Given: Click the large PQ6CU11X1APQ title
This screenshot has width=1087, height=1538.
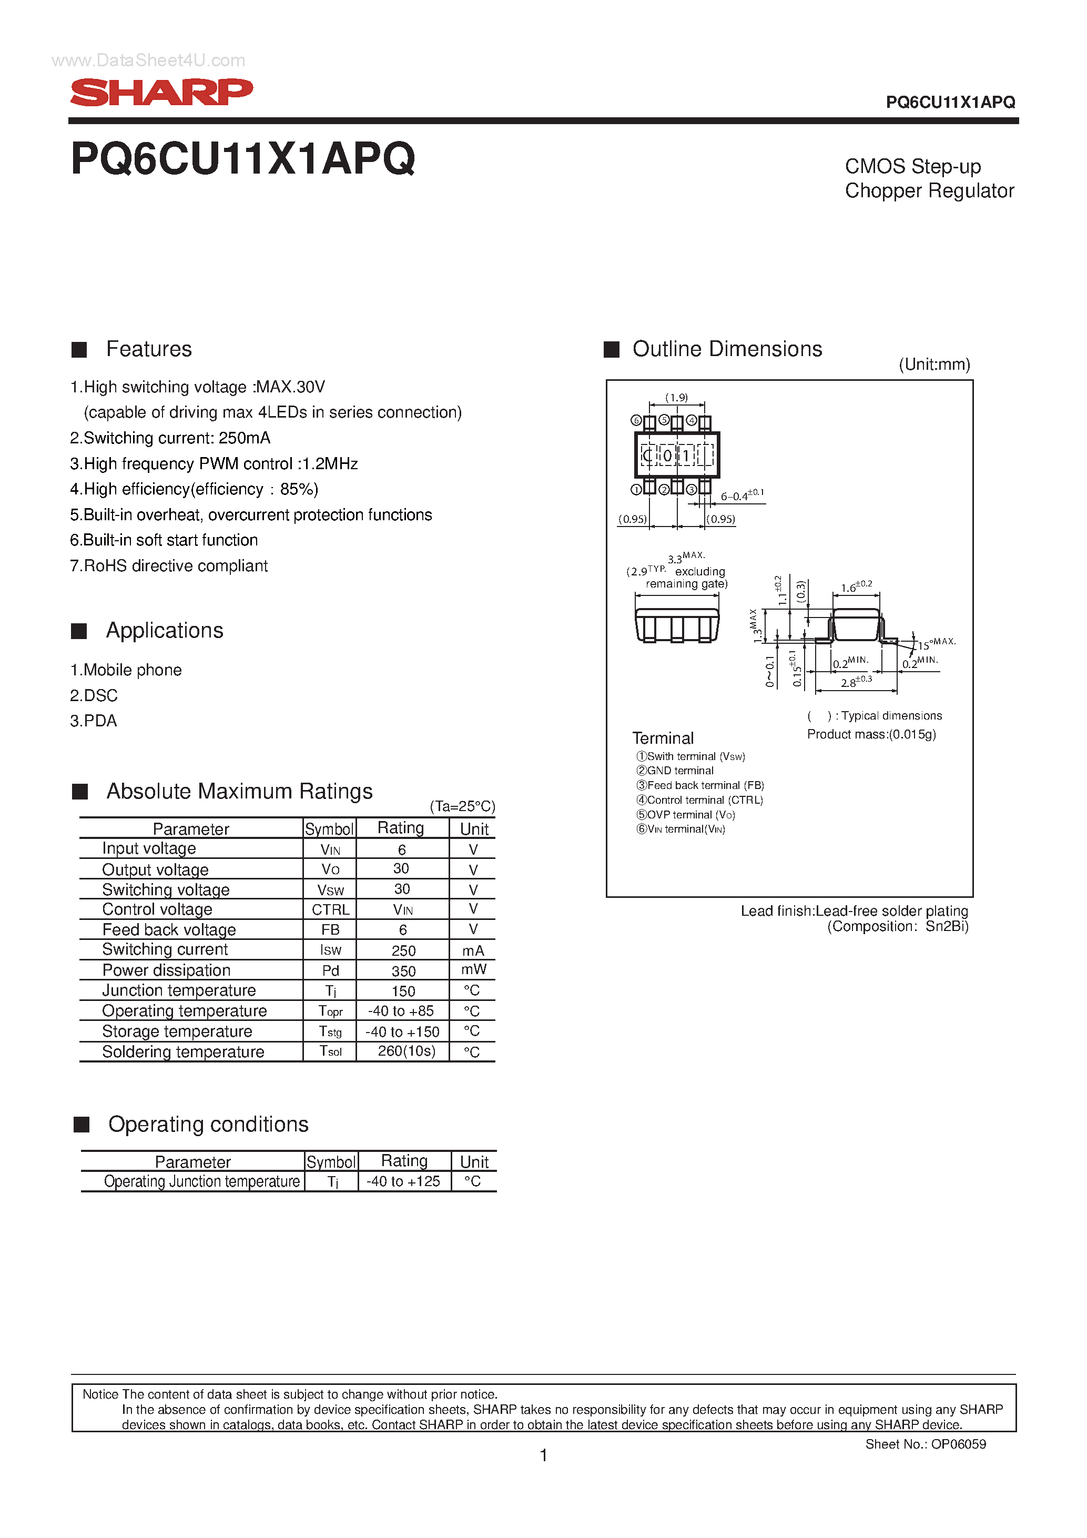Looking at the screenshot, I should (242, 159).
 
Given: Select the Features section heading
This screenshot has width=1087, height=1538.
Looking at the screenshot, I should (149, 349).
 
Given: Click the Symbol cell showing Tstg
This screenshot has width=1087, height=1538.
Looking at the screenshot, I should (330, 1031).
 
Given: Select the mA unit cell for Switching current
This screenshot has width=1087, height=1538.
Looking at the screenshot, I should (473, 950).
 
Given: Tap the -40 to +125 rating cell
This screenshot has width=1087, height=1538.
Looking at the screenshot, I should (403, 1181).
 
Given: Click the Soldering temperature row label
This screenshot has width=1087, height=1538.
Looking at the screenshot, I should (183, 1051).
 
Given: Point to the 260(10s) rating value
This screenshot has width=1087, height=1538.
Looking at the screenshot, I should (406, 1051).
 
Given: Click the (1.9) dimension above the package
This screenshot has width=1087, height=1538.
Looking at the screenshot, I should (676, 397).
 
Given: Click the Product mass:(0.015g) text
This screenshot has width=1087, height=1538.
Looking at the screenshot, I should (871, 734).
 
